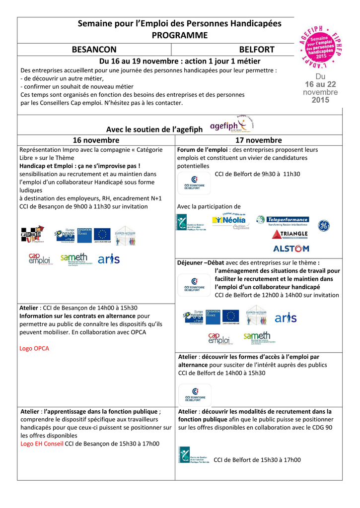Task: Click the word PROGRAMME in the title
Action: [179, 35]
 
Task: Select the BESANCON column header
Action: [94, 50]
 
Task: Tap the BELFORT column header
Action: [257, 50]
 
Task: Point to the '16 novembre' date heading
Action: [96, 140]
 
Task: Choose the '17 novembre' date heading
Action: [258, 140]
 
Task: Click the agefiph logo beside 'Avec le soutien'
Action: [231, 126]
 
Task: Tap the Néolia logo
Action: [229, 219]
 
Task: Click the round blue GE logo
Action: [324, 225]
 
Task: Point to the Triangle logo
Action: [290, 234]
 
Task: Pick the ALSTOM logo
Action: [290, 248]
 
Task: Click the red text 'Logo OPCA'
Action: [34, 348]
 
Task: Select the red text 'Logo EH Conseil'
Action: [42, 444]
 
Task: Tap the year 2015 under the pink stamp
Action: [320, 100]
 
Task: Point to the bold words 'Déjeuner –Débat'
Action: [201, 263]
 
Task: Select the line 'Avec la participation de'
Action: [209, 206]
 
